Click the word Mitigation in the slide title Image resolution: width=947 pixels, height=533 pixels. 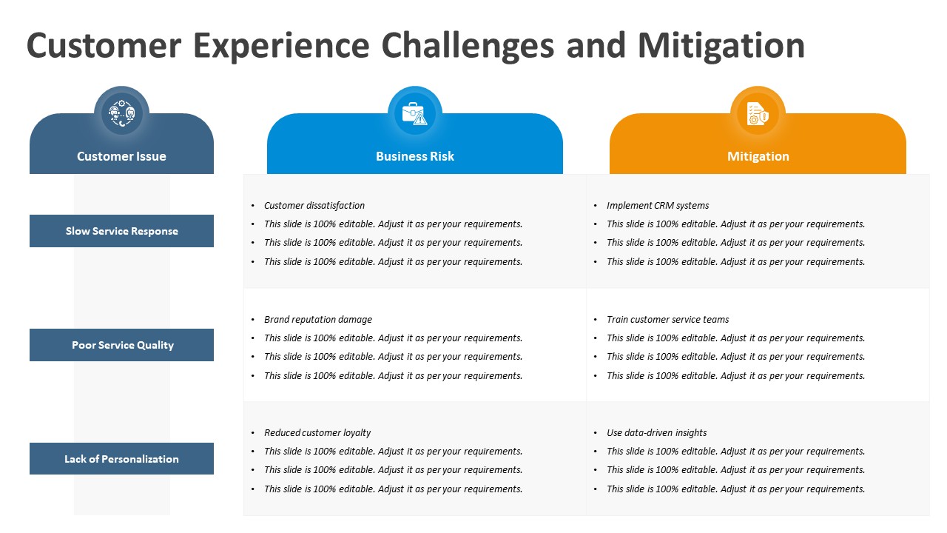[721, 46]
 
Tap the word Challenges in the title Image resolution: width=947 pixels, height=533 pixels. [468, 46]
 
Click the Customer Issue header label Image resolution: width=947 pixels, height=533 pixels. [121, 156]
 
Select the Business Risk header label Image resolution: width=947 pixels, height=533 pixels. [415, 156]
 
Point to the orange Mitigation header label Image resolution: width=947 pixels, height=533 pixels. [758, 156]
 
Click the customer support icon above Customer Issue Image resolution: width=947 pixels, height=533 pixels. [122, 113]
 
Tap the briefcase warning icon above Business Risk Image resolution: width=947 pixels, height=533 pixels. [414, 113]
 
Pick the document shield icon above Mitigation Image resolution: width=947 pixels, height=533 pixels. [758, 113]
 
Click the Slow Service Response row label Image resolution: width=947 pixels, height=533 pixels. [122, 231]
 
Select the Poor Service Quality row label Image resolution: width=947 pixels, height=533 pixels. [123, 345]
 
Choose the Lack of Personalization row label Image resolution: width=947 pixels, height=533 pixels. [121, 459]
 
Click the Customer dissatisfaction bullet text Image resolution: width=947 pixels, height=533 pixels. [314, 206]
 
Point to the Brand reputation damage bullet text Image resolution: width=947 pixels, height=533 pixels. [318, 319]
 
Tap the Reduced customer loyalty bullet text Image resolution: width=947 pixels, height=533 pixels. [317, 433]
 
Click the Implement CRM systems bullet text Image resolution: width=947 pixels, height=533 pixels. [658, 206]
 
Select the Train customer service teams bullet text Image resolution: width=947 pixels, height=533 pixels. [667, 319]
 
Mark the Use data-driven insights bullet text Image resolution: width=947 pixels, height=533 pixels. [656, 433]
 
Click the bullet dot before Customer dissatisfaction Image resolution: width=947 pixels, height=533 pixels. [253, 206]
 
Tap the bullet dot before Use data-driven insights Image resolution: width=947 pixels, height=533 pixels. [596, 433]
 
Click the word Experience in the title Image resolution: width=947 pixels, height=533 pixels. [281, 46]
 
